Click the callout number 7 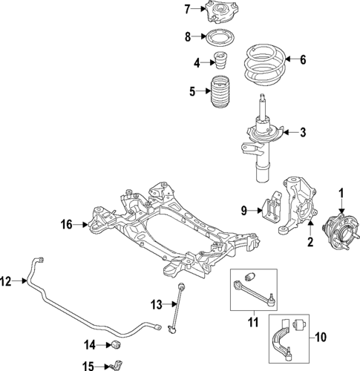(188, 9)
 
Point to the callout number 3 (302, 133)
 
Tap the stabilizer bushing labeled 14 (115, 344)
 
